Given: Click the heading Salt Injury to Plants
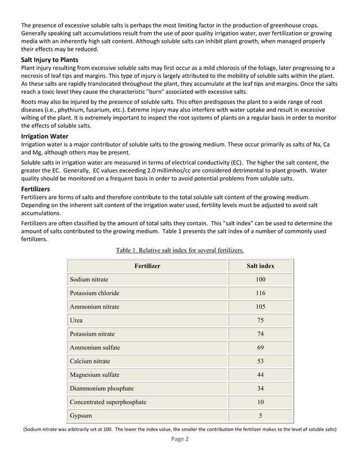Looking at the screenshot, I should click(x=49, y=60).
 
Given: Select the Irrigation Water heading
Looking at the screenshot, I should click(x=45, y=137).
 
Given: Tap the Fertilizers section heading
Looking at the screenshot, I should click(x=36, y=190).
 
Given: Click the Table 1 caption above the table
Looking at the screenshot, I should click(x=179, y=250).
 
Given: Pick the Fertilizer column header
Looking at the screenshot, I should click(x=147, y=266).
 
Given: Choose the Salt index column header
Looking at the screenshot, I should click(x=260, y=266).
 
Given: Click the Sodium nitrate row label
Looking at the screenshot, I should click(x=89, y=279).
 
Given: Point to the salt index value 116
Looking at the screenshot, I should click(x=260, y=293).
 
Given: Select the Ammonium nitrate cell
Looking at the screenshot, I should click(x=94, y=307).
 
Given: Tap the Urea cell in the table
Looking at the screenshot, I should click(x=76, y=320).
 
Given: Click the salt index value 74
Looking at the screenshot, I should click(x=260, y=334).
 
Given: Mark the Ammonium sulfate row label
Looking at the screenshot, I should click(x=94, y=348).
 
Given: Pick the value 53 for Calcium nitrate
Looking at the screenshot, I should click(x=260, y=361).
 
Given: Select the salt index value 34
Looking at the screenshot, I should click(x=260, y=388).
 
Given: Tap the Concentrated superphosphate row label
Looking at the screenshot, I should click(x=107, y=402).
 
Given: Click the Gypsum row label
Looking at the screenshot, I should click(x=81, y=416).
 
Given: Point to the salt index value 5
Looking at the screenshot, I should click(x=260, y=416).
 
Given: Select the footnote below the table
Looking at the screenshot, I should click(x=179, y=429).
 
